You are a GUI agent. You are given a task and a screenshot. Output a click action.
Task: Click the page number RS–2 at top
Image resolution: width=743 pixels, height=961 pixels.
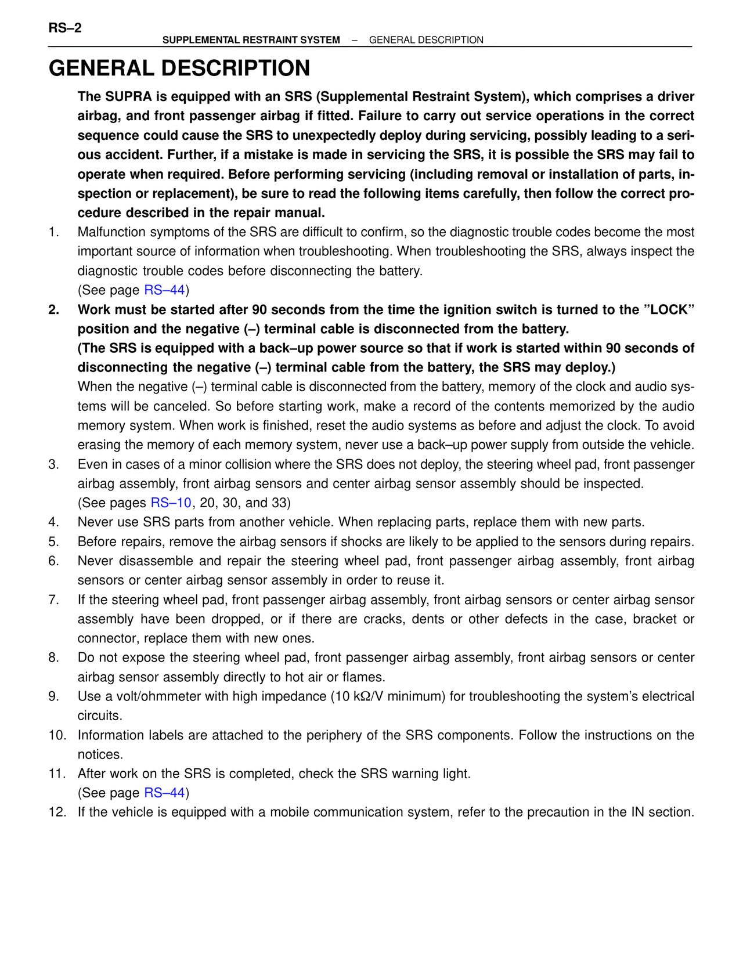point(65,28)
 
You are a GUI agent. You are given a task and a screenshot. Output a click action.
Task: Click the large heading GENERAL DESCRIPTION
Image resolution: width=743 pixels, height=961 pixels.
point(179,68)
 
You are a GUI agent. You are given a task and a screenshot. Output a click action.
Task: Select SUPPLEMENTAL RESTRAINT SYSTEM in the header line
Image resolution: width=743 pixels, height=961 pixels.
point(251,40)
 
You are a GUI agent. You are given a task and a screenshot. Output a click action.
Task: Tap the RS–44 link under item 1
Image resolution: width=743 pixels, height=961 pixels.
point(164,290)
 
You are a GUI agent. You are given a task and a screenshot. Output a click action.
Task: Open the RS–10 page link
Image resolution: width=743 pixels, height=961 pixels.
point(171,503)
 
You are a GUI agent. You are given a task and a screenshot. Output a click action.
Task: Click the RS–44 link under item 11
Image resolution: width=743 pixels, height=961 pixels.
point(164,793)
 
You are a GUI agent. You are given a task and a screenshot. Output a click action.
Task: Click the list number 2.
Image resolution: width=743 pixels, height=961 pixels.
point(53,310)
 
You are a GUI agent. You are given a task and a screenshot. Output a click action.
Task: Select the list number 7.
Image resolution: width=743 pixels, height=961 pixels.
point(53,600)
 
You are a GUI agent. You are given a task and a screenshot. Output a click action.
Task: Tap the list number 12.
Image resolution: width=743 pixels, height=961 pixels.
point(57,812)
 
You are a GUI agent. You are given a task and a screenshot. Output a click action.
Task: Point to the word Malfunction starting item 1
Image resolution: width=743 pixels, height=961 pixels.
point(111,232)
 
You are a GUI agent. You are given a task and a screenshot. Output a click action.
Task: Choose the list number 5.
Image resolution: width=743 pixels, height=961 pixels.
point(53,542)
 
